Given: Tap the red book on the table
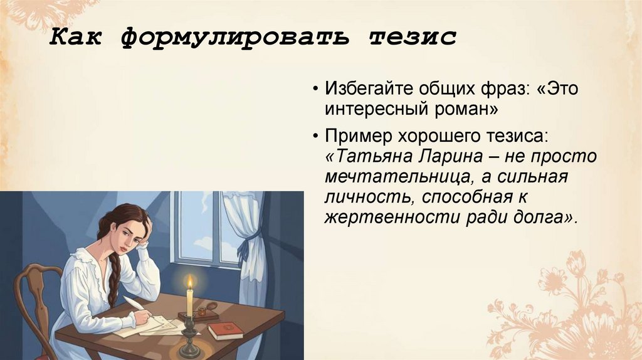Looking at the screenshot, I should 224,331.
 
